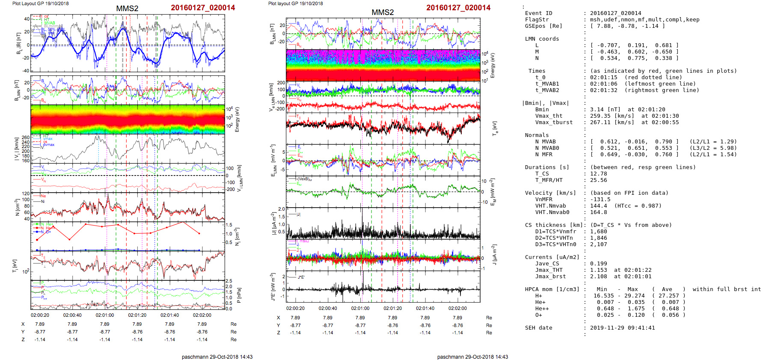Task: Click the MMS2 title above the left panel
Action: tap(127, 9)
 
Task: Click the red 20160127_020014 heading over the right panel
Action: tap(458, 8)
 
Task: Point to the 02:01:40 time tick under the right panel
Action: tap(425, 308)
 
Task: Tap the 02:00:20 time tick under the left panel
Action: tap(40, 315)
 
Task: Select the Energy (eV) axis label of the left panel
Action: tap(238, 119)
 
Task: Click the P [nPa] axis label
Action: tap(239, 295)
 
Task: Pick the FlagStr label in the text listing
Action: tap(537, 20)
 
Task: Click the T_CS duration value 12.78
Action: tap(599, 174)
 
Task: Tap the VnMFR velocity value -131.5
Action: tap(600, 199)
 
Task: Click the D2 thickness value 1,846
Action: tap(599, 238)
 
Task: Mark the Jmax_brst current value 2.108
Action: tap(599, 277)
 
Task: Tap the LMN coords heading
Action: tap(542, 39)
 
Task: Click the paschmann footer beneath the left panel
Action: tap(217, 357)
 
